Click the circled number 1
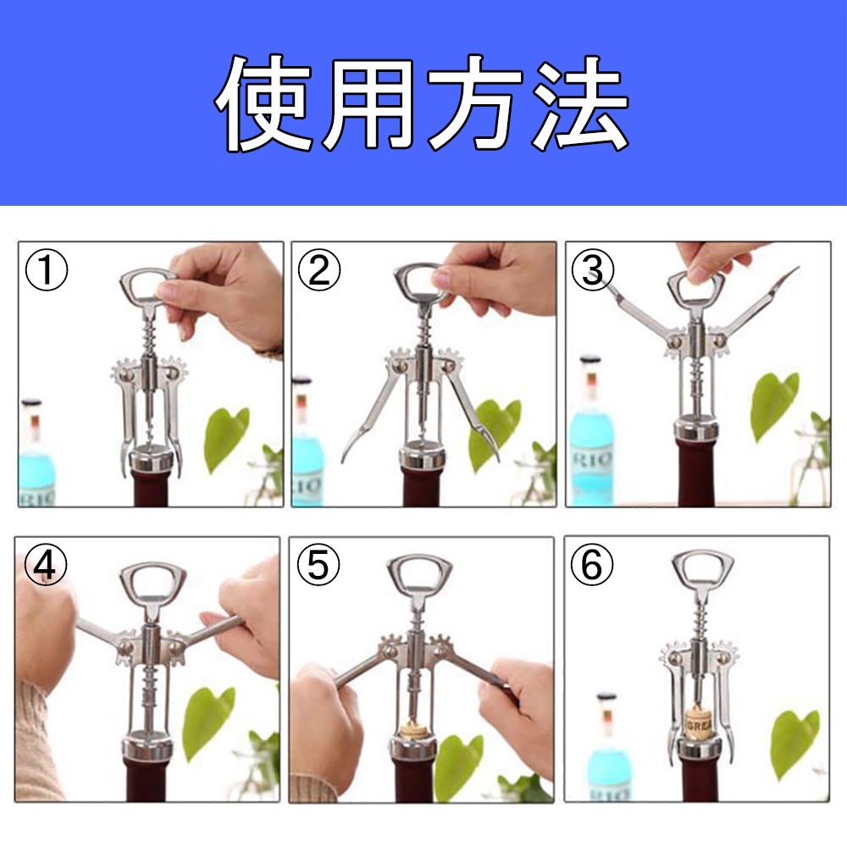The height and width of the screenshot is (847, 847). click(47, 270)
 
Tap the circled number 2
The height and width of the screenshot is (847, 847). click(319, 270)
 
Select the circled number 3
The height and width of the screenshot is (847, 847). click(593, 270)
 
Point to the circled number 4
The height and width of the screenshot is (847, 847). click(46, 565)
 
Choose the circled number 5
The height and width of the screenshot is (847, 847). click(318, 565)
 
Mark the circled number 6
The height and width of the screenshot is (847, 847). click(592, 565)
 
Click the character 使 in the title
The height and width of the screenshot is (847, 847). click(264, 102)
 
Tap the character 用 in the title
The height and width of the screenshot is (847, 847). click(370, 103)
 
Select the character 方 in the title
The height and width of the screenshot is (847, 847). click(475, 102)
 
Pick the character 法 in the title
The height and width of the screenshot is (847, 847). click(581, 102)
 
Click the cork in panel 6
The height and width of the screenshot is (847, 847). click(699, 724)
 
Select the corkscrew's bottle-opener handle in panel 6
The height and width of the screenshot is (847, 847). click(702, 572)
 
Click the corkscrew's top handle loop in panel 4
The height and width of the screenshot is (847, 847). click(152, 584)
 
